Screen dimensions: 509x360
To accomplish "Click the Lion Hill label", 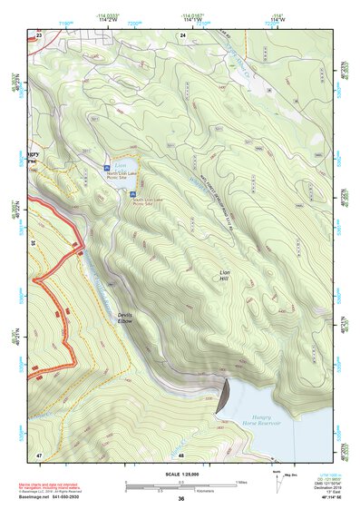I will click(225, 276).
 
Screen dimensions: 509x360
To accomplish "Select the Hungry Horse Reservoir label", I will click(262, 419).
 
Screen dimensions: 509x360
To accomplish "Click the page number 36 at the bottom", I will click(180, 499).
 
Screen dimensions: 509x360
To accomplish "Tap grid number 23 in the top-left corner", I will click(39, 34).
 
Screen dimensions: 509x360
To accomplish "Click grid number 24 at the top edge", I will click(182, 34).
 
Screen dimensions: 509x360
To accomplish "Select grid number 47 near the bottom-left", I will click(39, 453).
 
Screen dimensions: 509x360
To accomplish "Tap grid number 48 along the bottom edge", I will click(181, 454).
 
